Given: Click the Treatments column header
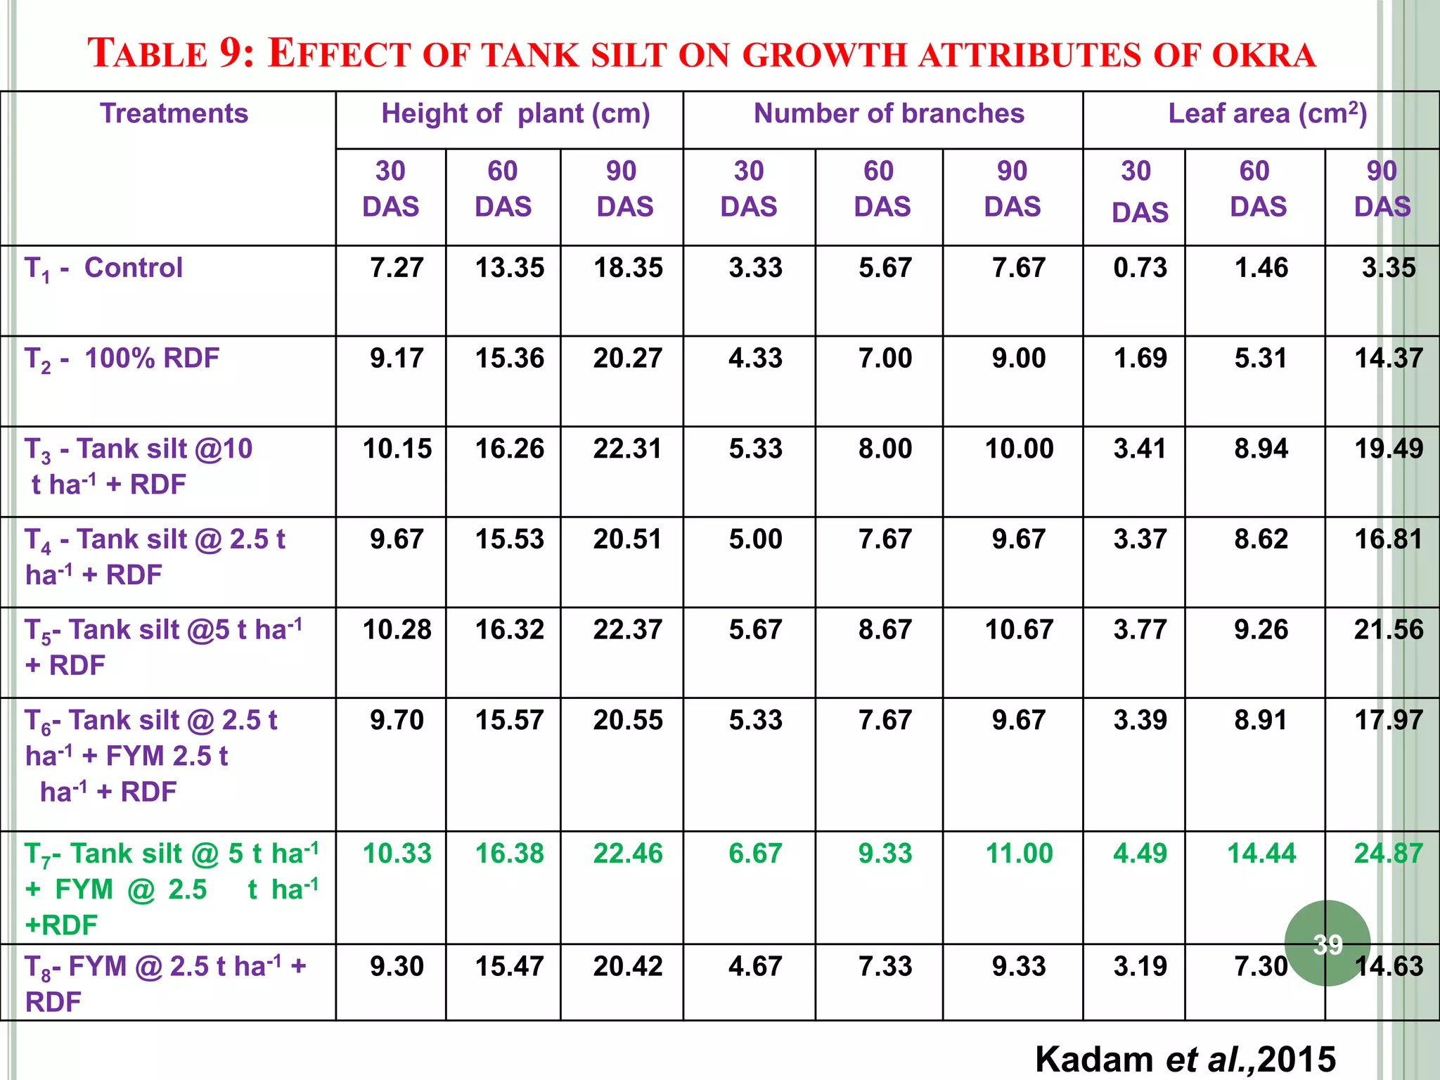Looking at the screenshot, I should coord(174,113).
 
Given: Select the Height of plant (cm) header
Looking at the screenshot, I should coord(515,113).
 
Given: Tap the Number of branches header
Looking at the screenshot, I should coord(889,113).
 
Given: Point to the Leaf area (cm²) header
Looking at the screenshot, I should coord(1267,113).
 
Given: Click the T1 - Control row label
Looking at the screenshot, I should coord(103,268).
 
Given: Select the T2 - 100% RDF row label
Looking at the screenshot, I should coord(122,359).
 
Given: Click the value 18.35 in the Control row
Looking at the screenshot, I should coord(628,268).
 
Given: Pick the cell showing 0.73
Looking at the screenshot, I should coord(1140,268).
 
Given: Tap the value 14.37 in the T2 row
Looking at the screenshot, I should coord(1388,359).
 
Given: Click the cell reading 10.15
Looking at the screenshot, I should coord(397,449).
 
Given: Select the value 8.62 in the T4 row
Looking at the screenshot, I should coord(1261,539).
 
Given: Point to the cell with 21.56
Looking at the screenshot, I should coord(1388,629).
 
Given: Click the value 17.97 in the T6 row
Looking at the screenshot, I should coord(1388,720).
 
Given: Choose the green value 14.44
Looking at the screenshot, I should coord(1261,854).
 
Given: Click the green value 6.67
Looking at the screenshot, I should coord(755,854).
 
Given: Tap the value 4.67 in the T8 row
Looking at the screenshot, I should coord(755,966).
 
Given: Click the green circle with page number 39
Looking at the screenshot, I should coord(1327,943).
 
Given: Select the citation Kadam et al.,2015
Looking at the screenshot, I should coord(1185,1059).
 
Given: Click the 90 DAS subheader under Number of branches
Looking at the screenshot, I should coord(1012,188).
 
